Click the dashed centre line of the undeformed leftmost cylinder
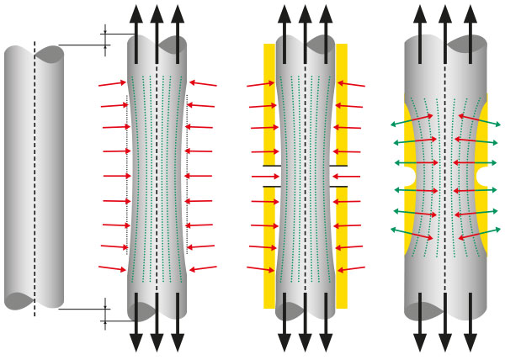[x=34, y=177]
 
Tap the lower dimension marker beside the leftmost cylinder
[x=105, y=313]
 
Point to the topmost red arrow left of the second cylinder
[x=112, y=83]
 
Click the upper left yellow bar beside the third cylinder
[x=269, y=101]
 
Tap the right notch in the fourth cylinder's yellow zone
[x=482, y=177]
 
